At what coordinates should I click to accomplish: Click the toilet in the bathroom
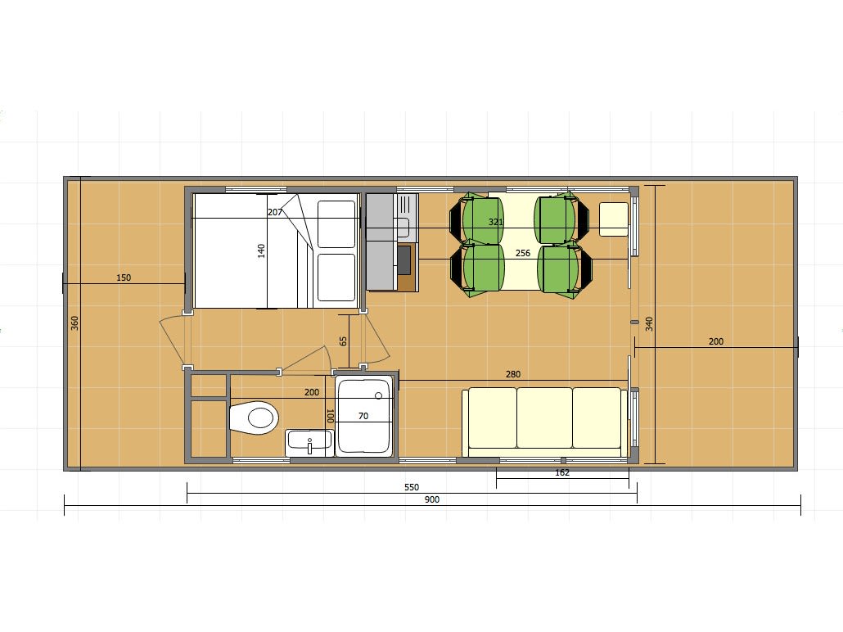click(x=254, y=418)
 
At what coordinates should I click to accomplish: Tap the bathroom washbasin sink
click(x=309, y=442)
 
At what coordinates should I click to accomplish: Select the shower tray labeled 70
click(x=364, y=416)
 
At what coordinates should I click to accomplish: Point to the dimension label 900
click(x=431, y=499)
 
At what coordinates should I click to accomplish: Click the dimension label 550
click(x=412, y=487)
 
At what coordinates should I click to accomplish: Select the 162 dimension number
click(x=561, y=472)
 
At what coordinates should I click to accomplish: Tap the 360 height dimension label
click(x=74, y=323)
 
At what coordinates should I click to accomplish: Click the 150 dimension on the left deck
click(x=124, y=278)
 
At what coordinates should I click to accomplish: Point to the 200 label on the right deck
click(x=716, y=341)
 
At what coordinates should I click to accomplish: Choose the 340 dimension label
click(x=649, y=324)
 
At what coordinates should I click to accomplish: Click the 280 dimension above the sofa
click(x=513, y=374)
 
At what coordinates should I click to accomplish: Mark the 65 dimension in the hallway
click(x=343, y=341)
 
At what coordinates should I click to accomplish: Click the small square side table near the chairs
click(x=614, y=219)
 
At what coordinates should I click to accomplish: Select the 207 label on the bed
click(x=275, y=212)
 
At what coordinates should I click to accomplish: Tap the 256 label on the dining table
click(x=522, y=253)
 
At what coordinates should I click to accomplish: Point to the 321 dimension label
click(x=496, y=222)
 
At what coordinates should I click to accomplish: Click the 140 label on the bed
click(x=261, y=251)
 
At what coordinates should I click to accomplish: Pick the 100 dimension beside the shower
click(x=330, y=416)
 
